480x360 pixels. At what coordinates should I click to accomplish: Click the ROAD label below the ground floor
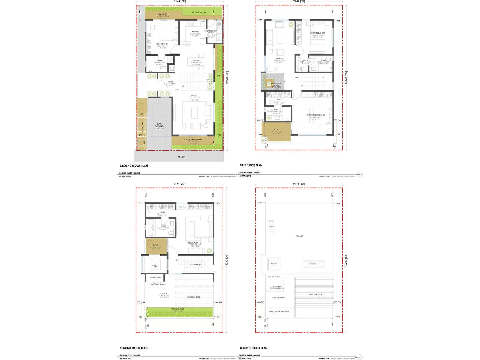tap(181, 157)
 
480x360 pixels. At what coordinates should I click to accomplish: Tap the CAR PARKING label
tap(159, 125)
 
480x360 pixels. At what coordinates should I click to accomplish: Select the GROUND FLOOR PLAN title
tap(134, 166)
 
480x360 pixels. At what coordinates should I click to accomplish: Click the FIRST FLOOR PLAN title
tap(251, 165)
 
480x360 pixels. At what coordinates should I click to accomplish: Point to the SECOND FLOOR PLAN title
tap(134, 348)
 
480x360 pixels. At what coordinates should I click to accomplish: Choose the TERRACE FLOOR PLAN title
tap(253, 348)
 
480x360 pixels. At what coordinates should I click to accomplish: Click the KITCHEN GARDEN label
tap(199, 12)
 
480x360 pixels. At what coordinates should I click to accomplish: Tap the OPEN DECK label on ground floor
tap(163, 14)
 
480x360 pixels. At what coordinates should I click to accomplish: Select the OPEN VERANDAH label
tap(193, 139)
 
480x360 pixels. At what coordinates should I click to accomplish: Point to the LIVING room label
tap(194, 96)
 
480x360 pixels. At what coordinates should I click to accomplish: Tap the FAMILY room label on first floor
tap(279, 58)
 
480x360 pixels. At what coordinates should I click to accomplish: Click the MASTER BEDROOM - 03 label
tap(316, 115)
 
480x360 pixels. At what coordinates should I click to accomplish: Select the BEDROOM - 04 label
tap(195, 243)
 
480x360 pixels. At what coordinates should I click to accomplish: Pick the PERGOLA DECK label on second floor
tap(194, 297)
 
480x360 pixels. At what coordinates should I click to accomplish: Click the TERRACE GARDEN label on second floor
tap(178, 309)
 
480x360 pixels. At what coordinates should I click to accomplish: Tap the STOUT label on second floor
tap(155, 245)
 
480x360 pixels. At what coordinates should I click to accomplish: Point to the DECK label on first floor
tap(276, 129)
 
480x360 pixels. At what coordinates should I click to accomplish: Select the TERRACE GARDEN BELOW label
tap(279, 311)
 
